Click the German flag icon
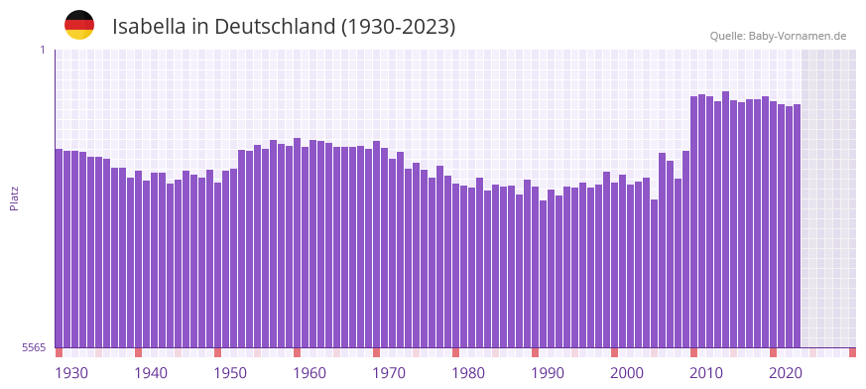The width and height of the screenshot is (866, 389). [x=79, y=25]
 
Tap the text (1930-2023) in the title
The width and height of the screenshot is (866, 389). [x=398, y=27]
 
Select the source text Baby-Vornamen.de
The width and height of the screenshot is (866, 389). [x=797, y=36]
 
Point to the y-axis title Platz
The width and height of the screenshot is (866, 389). [x=14, y=197]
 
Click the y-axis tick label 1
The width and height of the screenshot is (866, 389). [x=43, y=50]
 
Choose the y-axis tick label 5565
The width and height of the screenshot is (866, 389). [x=34, y=347]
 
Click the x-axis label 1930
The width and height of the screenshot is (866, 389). [x=71, y=372]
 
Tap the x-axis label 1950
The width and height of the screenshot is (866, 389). [x=230, y=372]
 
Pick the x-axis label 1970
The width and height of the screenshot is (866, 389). [x=389, y=372]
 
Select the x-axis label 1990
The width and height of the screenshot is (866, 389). [x=548, y=372]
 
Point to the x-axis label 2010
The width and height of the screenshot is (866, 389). [x=706, y=372]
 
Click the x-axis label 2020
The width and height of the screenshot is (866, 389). [x=786, y=372]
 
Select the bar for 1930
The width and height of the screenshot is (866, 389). [x=59, y=248]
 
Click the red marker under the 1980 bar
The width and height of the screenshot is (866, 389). [x=455, y=352]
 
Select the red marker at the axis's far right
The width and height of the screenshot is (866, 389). [x=852, y=352]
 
